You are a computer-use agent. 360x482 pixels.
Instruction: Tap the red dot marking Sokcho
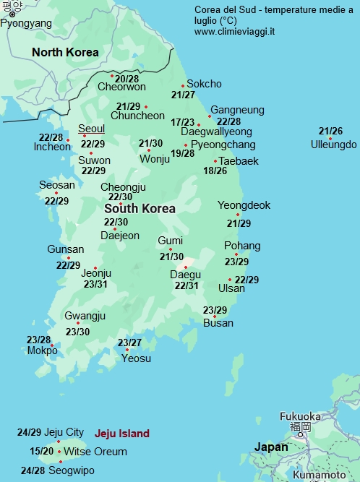[183, 85]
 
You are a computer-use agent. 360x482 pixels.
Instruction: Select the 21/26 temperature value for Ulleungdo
[330, 131]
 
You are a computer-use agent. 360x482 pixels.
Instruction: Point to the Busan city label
[218, 322]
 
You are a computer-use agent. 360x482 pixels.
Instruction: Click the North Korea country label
[65, 52]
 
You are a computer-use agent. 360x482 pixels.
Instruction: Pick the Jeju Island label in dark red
[122, 434]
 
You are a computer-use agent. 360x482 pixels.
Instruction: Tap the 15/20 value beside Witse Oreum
[41, 451]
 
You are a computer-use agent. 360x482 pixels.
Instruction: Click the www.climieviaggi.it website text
[234, 32]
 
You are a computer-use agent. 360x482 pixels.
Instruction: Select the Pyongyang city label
[26, 23]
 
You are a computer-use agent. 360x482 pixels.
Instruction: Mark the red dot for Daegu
[186, 267]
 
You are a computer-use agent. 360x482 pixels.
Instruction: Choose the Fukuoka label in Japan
[300, 416]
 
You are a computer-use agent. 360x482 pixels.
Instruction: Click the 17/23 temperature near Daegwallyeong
[183, 122]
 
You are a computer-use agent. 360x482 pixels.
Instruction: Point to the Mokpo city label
[42, 350]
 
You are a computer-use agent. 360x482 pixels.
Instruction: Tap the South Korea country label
[140, 208]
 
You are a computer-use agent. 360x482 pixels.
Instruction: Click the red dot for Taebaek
[215, 161]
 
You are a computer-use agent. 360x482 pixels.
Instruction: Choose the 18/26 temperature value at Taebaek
[215, 171]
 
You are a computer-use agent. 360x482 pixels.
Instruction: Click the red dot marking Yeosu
[127, 350]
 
